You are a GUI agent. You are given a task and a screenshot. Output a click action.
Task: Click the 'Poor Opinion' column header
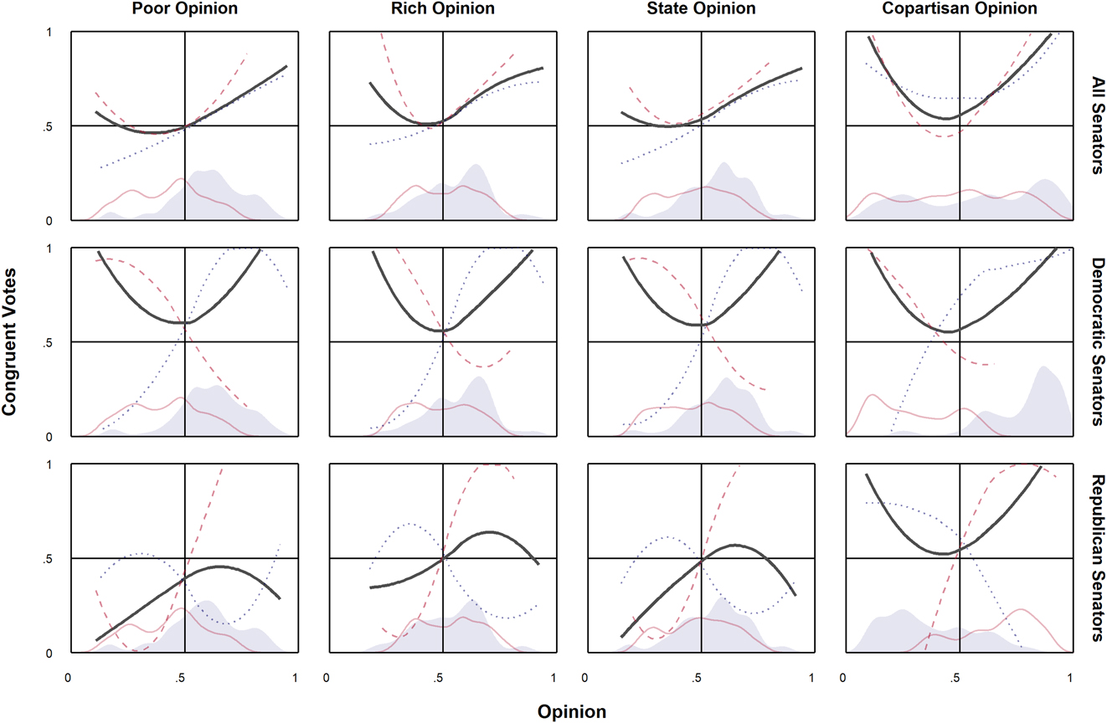tap(184, 9)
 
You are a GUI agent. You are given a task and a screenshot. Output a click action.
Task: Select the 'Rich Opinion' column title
tap(442, 9)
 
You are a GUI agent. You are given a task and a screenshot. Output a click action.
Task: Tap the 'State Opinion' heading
tap(701, 9)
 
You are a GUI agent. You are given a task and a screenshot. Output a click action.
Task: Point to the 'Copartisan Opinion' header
tap(960, 9)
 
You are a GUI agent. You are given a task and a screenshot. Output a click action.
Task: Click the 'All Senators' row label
tap(1094, 126)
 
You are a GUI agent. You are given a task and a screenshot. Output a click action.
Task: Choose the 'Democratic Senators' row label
tap(1094, 342)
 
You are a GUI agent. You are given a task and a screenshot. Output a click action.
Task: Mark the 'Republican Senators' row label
tap(1094, 558)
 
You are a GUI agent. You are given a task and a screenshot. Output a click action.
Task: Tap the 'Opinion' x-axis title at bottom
tap(572, 712)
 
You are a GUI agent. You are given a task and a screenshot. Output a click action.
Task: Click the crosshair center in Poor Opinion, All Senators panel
tap(184, 126)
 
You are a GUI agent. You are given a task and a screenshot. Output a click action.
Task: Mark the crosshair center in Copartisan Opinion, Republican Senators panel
tap(960, 558)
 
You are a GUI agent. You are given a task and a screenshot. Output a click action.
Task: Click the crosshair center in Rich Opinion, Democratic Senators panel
tap(443, 341)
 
